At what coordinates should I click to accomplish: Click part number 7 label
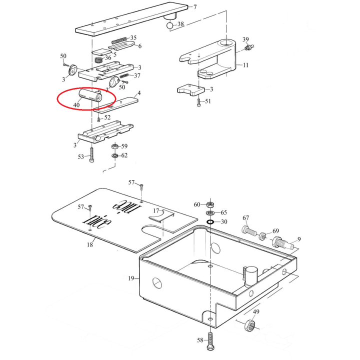click(195, 7)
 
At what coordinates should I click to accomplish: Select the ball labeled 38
click(170, 25)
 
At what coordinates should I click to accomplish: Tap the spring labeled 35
click(119, 40)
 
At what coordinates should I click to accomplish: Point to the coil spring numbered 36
click(98, 60)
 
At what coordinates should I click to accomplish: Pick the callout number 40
click(76, 105)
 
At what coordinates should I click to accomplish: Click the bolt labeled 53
click(92, 154)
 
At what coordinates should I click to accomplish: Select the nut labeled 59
click(115, 146)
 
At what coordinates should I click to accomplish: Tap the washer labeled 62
click(115, 156)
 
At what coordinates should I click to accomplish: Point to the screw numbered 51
click(199, 102)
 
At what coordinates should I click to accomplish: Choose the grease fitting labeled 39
click(249, 47)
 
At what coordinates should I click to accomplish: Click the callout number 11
click(245, 65)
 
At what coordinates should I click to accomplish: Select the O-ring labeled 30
click(210, 222)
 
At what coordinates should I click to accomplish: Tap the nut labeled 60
click(210, 204)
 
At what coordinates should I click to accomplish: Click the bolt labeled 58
click(210, 341)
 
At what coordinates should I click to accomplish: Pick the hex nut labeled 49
click(250, 324)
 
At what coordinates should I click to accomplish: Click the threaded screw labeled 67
click(249, 232)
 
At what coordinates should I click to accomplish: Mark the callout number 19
click(131, 278)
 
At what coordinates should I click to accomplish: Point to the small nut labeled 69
click(263, 236)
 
